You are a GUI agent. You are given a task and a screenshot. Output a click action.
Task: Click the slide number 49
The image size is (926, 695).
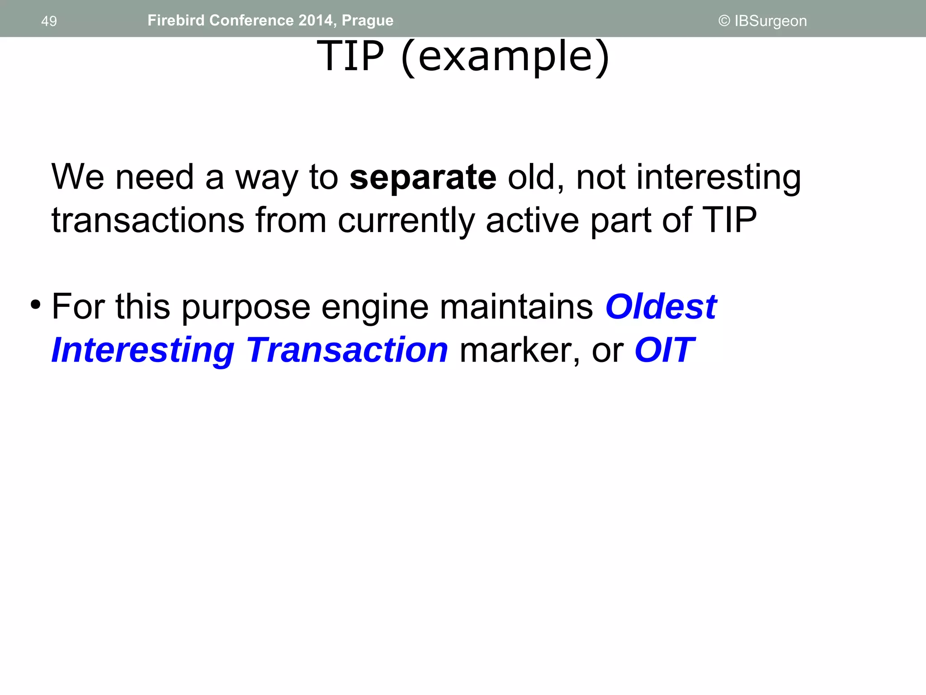pyautogui.click(x=49, y=21)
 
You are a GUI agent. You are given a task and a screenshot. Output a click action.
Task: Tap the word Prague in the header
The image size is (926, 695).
pyautogui.click(x=367, y=21)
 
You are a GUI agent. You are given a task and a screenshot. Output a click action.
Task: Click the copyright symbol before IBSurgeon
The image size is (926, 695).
pyautogui.click(x=724, y=21)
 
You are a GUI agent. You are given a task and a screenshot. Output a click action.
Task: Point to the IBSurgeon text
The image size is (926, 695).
pyautogui.click(x=770, y=21)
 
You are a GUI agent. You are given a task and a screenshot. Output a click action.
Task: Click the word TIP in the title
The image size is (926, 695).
pyautogui.click(x=350, y=56)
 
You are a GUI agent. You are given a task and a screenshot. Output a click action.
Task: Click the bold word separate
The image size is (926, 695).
pyautogui.click(x=423, y=177)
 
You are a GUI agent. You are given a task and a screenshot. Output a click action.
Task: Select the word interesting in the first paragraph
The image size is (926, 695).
pyautogui.click(x=718, y=178)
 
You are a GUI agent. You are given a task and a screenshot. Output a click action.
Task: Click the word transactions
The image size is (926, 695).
pyautogui.click(x=148, y=220)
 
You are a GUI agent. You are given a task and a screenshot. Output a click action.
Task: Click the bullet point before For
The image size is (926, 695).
pyautogui.click(x=35, y=305)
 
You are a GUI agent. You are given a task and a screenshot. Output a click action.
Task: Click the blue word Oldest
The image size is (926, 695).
pyautogui.click(x=661, y=307)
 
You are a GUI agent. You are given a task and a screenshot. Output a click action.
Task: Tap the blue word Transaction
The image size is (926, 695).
pyautogui.click(x=347, y=350)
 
